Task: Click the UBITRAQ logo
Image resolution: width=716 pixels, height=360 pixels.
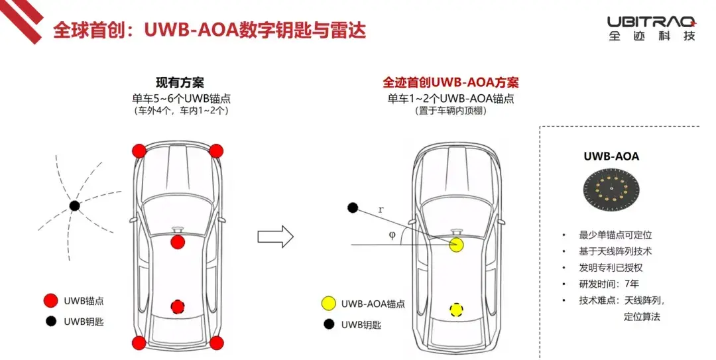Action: (x=652, y=29)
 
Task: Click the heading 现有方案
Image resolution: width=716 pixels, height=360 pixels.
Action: (x=180, y=83)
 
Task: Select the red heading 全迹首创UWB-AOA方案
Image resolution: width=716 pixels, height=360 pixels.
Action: (x=450, y=82)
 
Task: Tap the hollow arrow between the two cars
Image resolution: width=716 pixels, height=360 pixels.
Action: (x=275, y=236)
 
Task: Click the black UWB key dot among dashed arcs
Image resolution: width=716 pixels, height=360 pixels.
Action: (x=74, y=206)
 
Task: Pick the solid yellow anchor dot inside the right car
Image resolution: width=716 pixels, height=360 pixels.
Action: (x=456, y=245)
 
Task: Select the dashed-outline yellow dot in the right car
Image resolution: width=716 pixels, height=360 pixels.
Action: (x=455, y=310)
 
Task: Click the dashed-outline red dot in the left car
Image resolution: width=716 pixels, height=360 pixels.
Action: (x=178, y=306)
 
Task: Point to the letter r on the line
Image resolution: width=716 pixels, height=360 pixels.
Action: (x=381, y=210)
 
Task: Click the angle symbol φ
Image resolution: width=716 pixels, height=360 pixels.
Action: (x=392, y=235)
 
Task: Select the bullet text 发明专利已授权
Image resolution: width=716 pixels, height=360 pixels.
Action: (x=611, y=267)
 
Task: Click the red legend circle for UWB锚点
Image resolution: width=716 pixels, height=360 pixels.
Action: (x=50, y=300)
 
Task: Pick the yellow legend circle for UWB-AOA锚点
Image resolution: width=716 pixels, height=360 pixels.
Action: (x=329, y=304)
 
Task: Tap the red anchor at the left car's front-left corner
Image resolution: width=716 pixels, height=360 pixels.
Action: (x=139, y=150)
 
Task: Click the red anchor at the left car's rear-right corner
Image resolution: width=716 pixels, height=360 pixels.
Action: (x=216, y=343)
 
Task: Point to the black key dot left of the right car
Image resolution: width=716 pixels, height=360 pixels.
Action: (x=353, y=208)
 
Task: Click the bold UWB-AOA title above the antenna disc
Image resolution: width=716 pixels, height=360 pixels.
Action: (x=611, y=156)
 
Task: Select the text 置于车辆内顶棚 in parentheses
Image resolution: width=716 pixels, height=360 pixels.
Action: (x=451, y=111)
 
